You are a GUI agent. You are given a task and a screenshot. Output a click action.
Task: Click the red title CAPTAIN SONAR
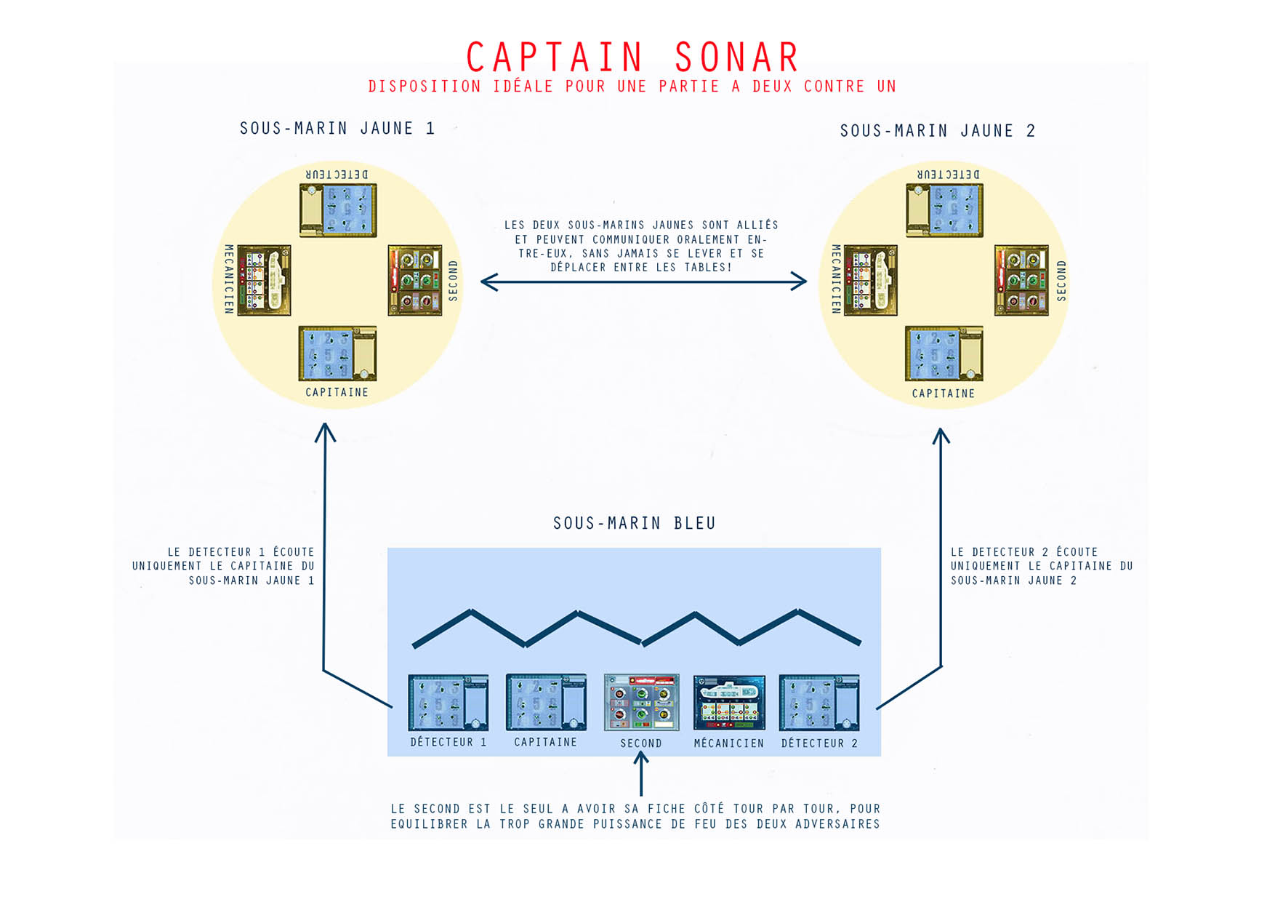click(632, 57)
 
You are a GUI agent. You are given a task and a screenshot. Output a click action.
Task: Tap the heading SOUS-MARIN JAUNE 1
click(337, 129)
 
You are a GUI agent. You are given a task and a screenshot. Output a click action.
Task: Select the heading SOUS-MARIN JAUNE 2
click(938, 131)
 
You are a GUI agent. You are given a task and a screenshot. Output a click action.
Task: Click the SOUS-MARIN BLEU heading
click(635, 523)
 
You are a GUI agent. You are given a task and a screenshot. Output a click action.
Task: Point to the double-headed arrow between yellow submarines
click(643, 282)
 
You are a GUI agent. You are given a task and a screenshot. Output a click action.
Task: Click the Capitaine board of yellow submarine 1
click(337, 354)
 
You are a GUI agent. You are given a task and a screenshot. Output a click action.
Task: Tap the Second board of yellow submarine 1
click(415, 280)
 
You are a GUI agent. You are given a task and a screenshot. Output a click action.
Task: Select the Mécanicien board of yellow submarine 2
click(871, 280)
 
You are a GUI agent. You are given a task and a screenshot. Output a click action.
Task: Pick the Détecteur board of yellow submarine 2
click(944, 210)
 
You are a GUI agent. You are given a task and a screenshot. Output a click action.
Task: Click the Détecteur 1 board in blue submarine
click(448, 703)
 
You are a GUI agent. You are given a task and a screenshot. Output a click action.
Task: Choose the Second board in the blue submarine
click(641, 703)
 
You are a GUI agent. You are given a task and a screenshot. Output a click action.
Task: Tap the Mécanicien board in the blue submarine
click(729, 703)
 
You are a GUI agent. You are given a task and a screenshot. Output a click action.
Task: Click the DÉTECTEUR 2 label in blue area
click(819, 743)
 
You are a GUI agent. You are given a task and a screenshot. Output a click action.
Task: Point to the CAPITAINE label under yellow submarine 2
click(944, 394)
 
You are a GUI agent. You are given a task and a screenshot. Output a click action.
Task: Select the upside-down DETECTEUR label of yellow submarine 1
click(337, 175)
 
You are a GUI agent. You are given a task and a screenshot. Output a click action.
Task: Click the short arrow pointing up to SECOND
click(640, 773)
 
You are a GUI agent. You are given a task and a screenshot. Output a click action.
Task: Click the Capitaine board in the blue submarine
click(546, 703)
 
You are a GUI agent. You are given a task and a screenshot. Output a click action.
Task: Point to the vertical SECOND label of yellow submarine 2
click(1061, 281)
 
